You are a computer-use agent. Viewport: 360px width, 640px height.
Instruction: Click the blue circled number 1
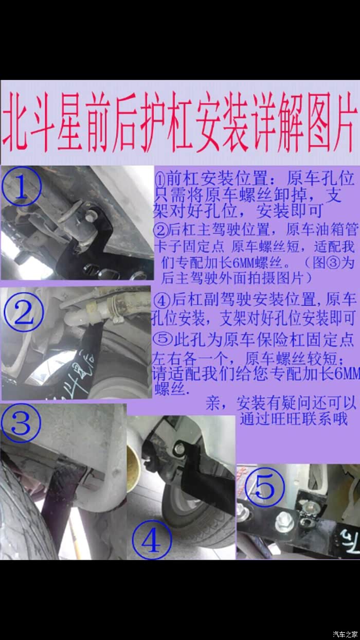(x=22, y=187)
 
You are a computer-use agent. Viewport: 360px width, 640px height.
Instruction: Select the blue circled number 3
(x=20, y=422)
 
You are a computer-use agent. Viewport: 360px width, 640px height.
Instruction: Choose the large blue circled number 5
(x=266, y=487)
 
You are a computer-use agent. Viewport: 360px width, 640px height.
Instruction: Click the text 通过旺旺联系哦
(x=294, y=419)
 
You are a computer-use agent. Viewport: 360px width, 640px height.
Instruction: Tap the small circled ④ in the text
(x=161, y=301)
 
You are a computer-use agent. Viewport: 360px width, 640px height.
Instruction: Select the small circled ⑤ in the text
(x=161, y=340)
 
